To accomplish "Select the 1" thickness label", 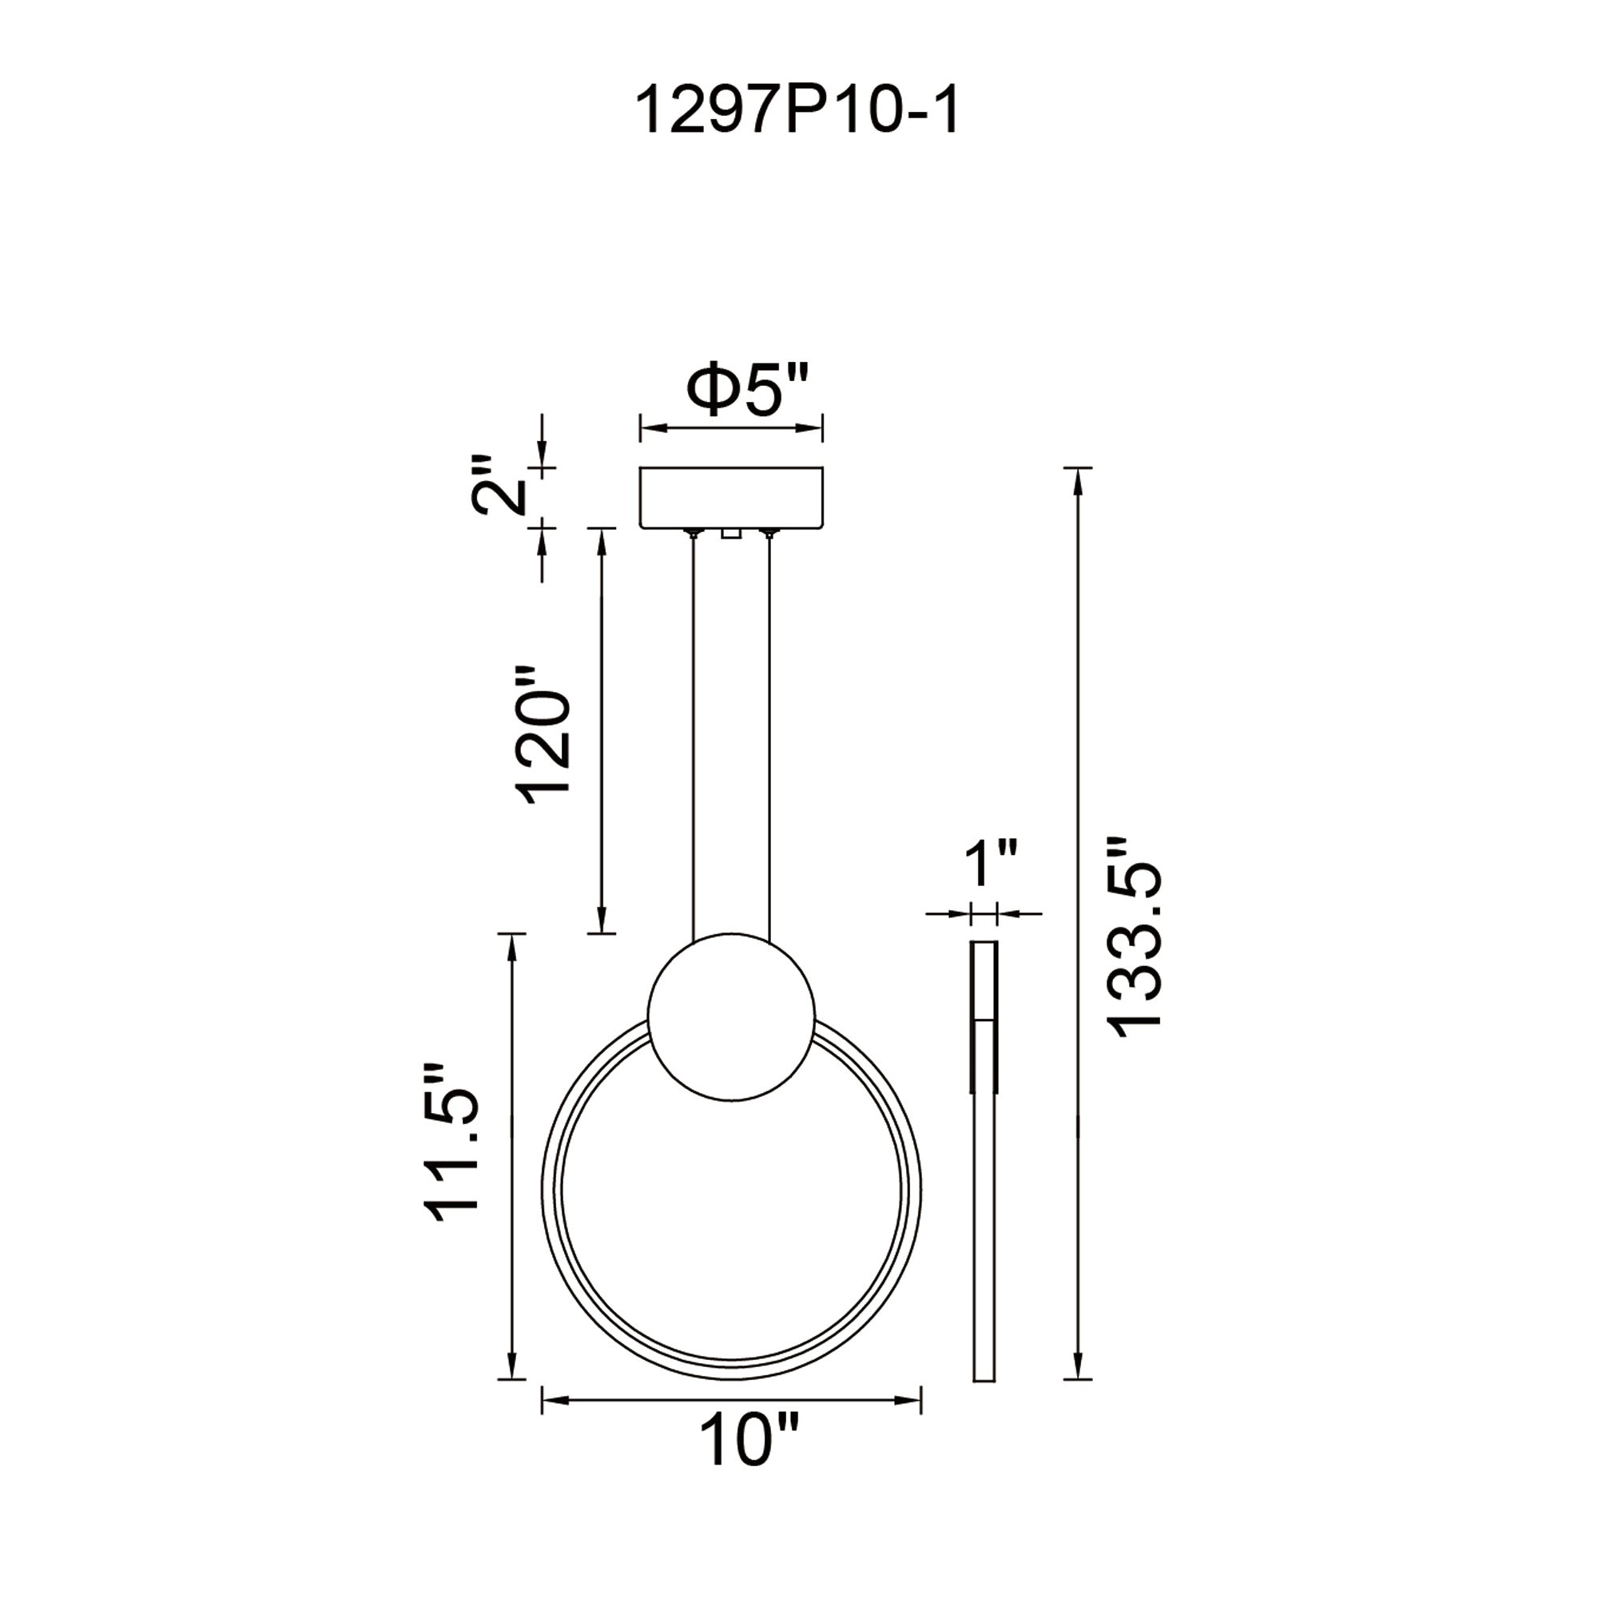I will pos(991,863).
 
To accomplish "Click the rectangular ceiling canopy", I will pos(732,497).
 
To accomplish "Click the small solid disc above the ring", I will pos(732,1018).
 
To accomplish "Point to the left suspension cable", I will pos(693,736).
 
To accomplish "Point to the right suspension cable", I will pos(770,736).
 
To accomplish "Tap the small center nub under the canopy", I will pos(730,534).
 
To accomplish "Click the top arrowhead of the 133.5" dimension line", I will pos(1077,480).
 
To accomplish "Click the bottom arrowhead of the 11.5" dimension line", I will pos(513,1365).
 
